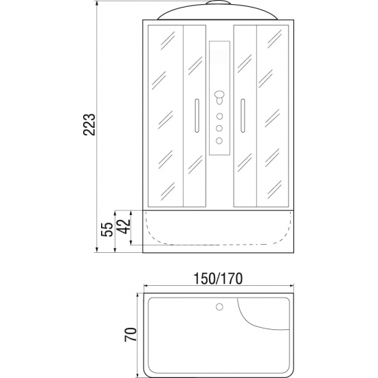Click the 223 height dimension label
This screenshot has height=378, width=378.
click(89, 124)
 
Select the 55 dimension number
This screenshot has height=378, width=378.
click(107, 230)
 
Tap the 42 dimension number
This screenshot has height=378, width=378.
click(124, 226)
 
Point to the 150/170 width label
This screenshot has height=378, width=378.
click(218, 278)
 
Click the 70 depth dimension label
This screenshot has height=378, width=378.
click(131, 335)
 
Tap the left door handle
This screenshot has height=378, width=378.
click(197, 115)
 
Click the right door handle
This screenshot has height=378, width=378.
click(243, 115)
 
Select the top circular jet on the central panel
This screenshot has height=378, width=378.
click(219, 116)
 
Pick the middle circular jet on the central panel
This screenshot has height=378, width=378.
click(219, 129)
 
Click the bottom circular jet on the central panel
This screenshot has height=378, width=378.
click(219, 140)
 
